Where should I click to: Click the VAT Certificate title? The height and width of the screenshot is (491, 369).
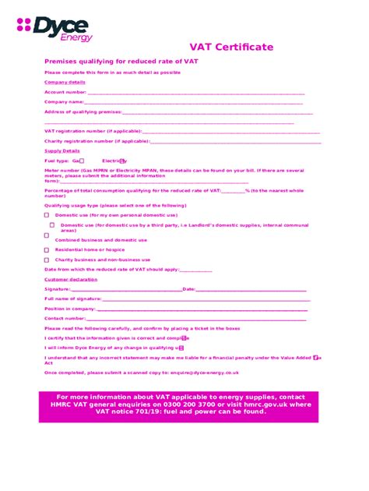point(232,48)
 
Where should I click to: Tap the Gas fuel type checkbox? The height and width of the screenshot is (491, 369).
point(82,161)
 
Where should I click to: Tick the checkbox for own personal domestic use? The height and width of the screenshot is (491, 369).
point(47,214)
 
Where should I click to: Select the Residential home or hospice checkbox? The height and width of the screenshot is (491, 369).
point(47,249)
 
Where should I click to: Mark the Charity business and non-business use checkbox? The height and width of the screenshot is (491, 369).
point(47,260)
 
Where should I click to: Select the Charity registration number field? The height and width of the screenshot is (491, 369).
point(234,142)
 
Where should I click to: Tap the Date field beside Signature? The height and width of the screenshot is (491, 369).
point(249,289)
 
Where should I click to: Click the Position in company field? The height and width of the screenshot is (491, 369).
point(202,309)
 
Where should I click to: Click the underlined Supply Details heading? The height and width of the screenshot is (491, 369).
point(62,150)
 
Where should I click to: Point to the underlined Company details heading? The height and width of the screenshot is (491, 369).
point(65,82)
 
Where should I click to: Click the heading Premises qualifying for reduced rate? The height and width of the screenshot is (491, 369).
point(122,61)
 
